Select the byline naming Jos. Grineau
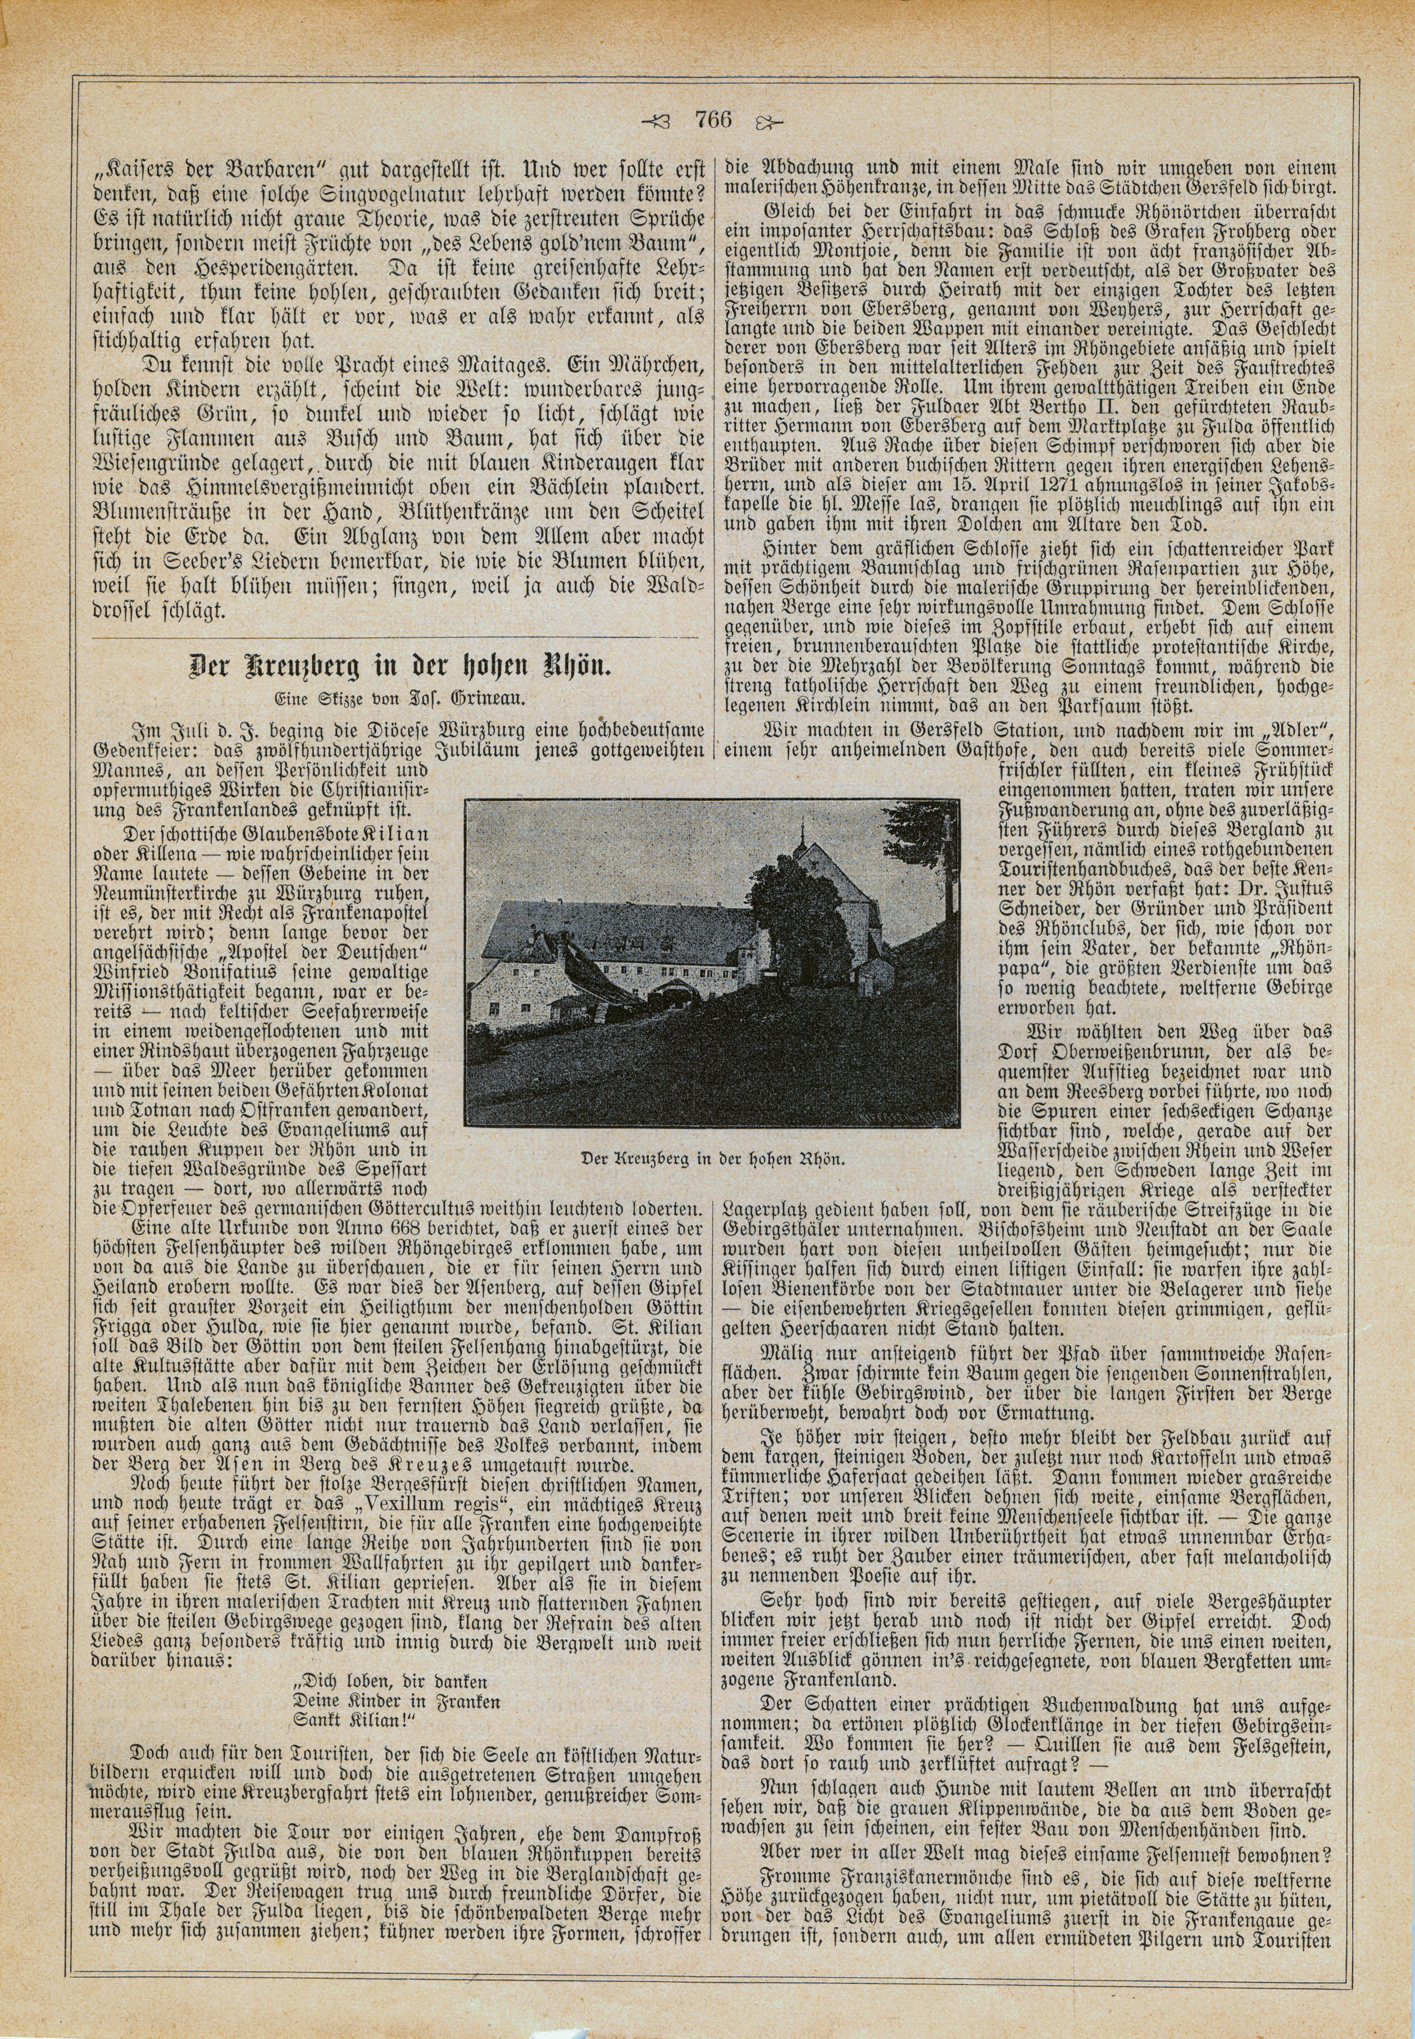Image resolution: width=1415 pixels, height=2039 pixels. coord(401,698)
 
